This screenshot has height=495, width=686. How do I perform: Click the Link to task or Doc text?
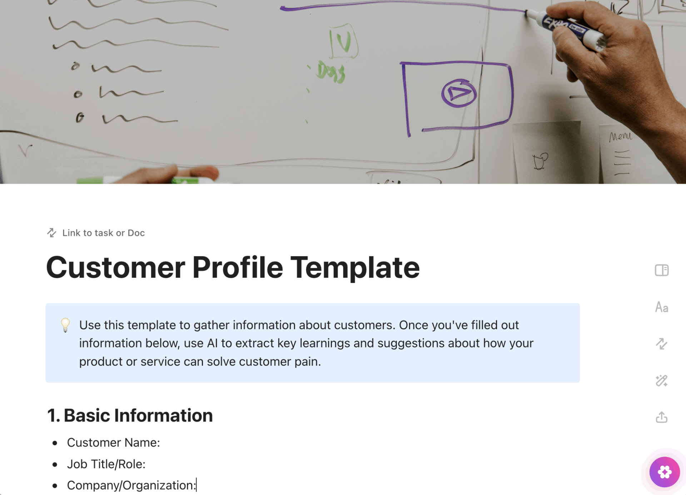103,233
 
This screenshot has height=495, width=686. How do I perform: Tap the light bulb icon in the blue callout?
65,325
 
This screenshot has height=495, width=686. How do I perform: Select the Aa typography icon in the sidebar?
661,307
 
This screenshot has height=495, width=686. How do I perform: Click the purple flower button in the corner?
664,472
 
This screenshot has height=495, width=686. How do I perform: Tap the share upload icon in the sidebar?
661,417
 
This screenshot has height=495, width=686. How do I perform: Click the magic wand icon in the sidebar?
661,381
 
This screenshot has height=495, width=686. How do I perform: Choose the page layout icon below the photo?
661,270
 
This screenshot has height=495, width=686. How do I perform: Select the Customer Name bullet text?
113,442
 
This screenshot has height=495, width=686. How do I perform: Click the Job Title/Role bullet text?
106,464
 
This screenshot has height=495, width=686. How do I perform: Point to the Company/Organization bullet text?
131,485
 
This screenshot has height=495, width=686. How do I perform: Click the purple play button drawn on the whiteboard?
459,93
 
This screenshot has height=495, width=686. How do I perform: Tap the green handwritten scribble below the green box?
331,73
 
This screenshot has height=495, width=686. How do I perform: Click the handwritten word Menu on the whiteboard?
620,136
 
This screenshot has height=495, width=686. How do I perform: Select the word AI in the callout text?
212,343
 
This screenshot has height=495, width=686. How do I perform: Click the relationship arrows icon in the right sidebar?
661,344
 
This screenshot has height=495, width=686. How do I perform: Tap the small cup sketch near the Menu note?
540,161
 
